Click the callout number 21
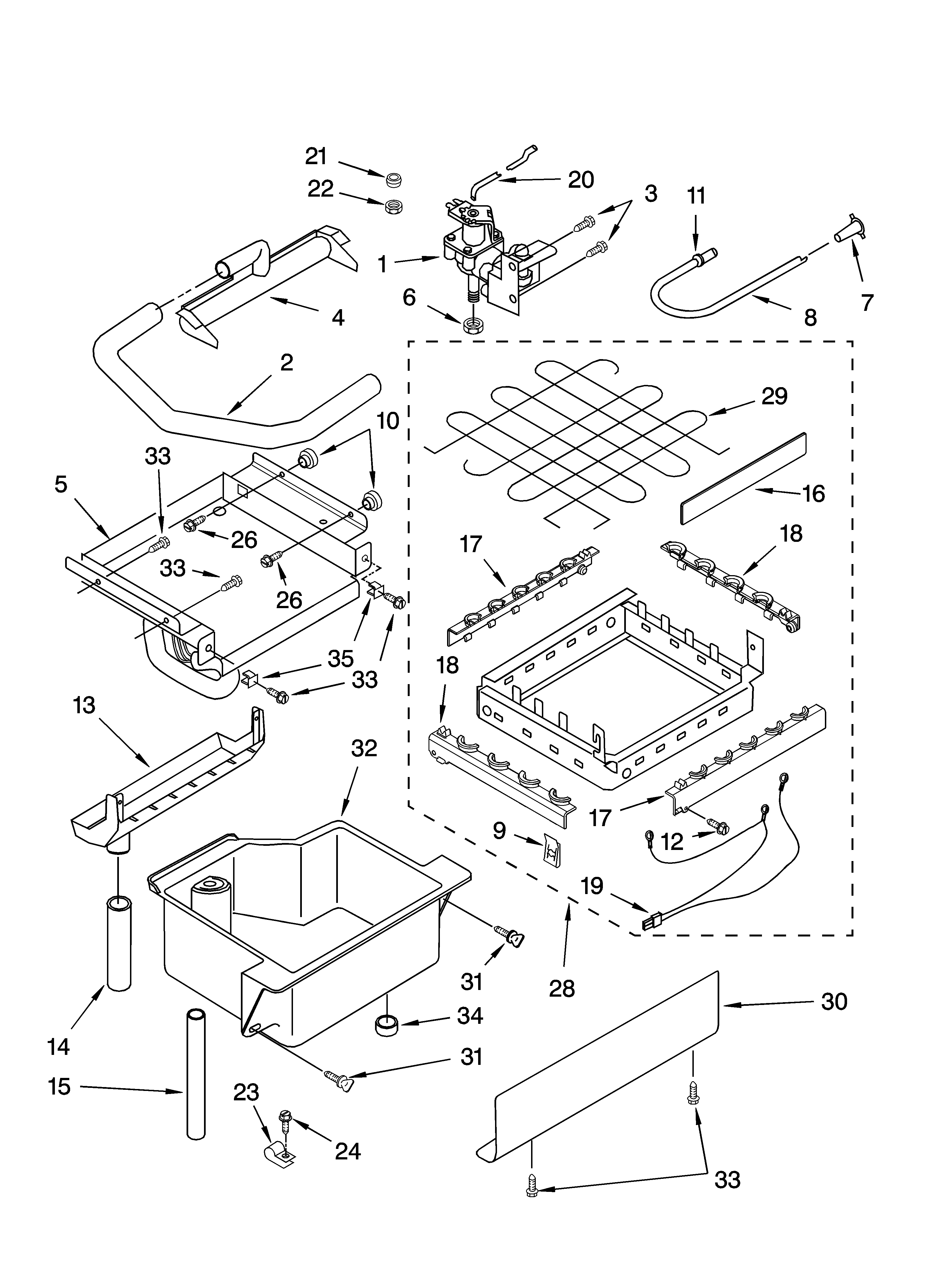coord(317,157)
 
